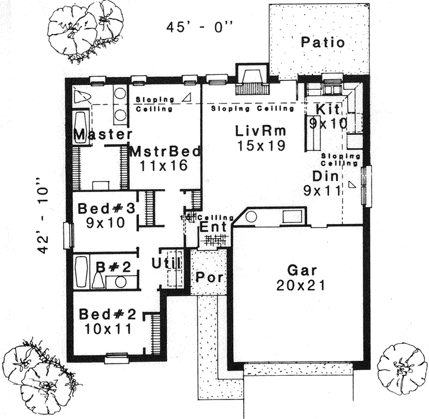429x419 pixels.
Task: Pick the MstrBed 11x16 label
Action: click(x=164, y=158)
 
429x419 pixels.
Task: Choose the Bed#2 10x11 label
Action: click(x=107, y=321)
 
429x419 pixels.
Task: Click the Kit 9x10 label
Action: click(x=327, y=116)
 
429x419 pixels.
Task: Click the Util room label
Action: click(x=166, y=263)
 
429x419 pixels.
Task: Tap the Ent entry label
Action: click(x=211, y=228)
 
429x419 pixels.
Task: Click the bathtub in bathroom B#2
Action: click(x=82, y=271)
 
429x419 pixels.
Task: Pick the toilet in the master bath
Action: click(x=81, y=98)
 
